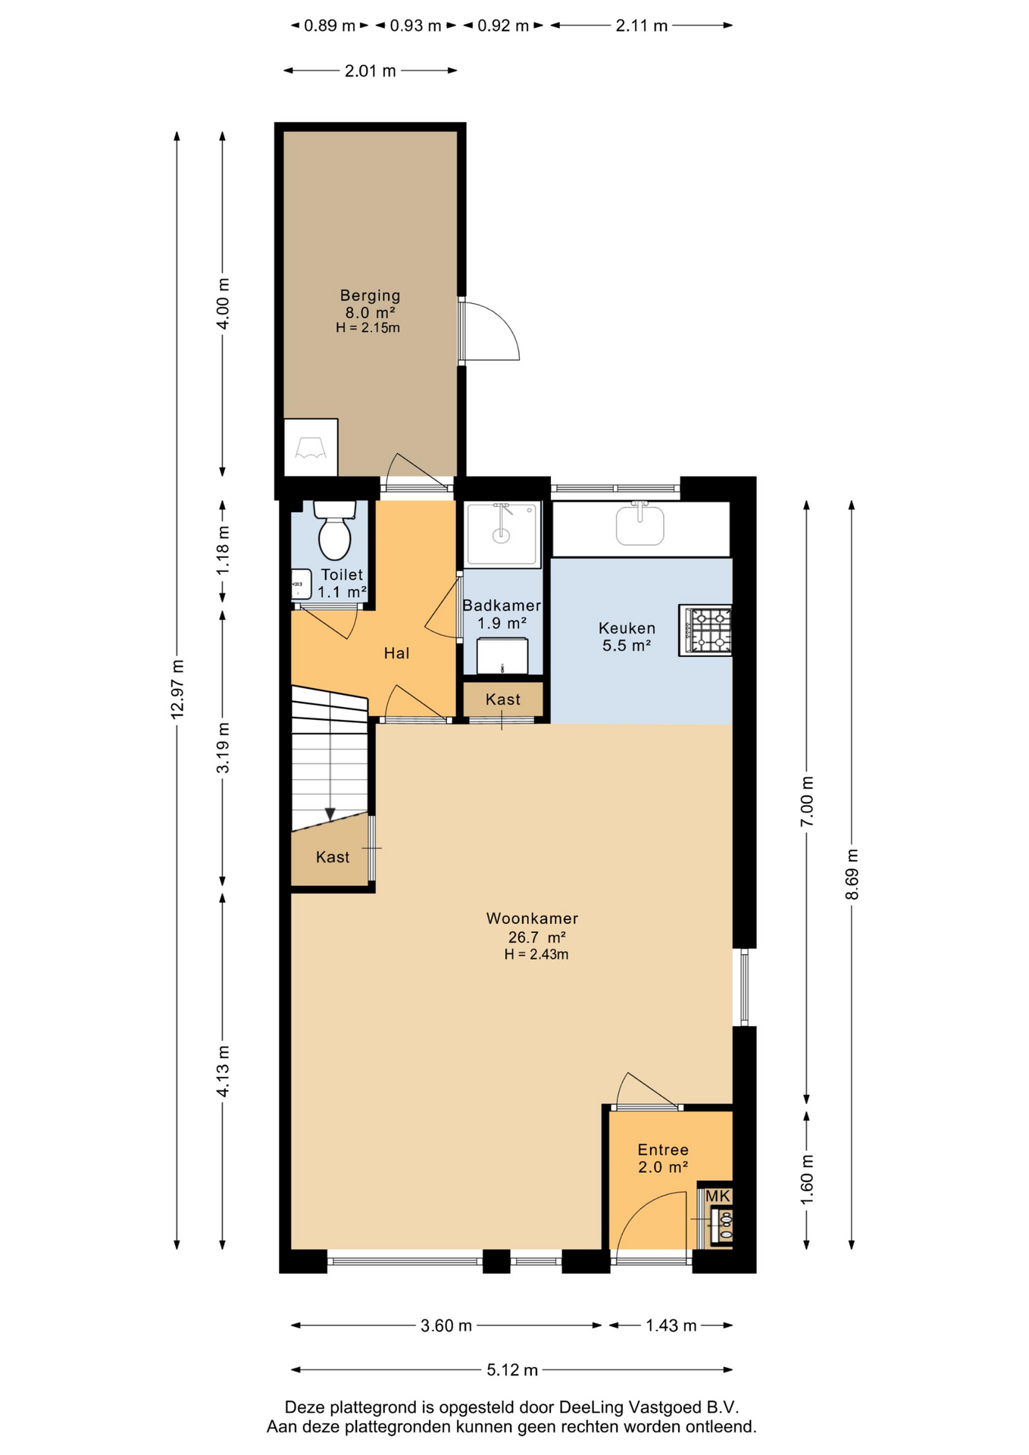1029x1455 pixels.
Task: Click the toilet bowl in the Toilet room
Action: pyautogui.click(x=334, y=530)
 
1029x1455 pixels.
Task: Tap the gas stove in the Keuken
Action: pyautogui.click(x=705, y=630)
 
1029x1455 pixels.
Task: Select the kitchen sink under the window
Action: pyautogui.click(x=640, y=524)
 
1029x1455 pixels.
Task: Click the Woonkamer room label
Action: pyautogui.click(x=532, y=918)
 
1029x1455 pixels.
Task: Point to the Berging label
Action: pyautogui.click(x=370, y=296)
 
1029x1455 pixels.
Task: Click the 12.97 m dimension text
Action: pyautogui.click(x=177, y=689)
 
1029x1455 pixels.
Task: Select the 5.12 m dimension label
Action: pyautogui.click(x=512, y=1369)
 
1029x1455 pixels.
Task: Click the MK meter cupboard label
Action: pyautogui.click(x=718, y=1196)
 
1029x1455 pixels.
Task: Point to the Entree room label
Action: pyautogui.click(x=663, y=1150)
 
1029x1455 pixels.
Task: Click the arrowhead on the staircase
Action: pyautogui.click(x=330, y=814)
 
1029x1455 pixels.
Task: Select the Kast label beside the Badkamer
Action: pyautogui.click(x=503, y=699)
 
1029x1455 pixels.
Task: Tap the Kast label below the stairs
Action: pyautogui.click(x=333, y=857)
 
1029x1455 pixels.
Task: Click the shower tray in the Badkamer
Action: pyautogui.click(x=502, y=533)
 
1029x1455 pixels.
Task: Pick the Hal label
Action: pyautogui.click(x=396, y=653)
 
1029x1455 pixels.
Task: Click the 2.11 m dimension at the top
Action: pyautogui.click(x=641, y=26)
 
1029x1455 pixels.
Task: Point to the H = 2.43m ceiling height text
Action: pyautogui.click(x=536, y=955)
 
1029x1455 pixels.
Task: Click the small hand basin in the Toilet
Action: pyautogui.click(x=302, y=584)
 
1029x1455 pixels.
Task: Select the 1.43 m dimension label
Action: pyautogui.click(x=671, y=1325)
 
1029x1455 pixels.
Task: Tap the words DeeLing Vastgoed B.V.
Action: pyautogui.click(x=649, y=1407)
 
